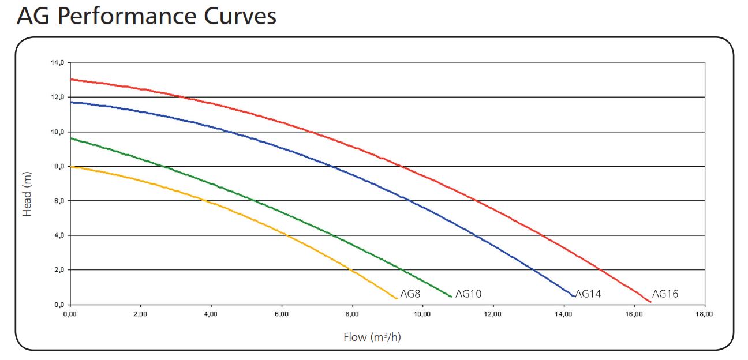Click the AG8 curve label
(x=410, y=294)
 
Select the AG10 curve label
(x=468, y=294)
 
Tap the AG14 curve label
(x=588, y=294)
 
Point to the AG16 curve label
(x=665, y=294)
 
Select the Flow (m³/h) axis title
(x=372, y=337)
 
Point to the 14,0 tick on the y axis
(x=57, y=62)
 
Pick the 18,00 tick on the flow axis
(x=704, y=314)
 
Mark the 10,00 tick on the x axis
(x=422, y=314)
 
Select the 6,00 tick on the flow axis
(x=281, y=314)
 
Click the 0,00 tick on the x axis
(x=69, y=314)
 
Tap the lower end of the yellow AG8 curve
(x=397, y=298)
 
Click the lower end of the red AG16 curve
(x=650, y=302)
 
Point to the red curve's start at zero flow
(x=70, y=79)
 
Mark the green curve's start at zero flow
(x=70, y=138)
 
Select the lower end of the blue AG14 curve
(x=573, y=297)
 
